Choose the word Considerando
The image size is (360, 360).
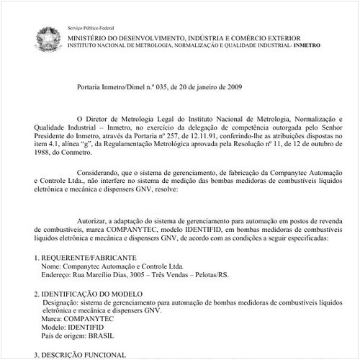pyautogui.click(x=102, y=174)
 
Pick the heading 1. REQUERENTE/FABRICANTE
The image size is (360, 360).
pyautogui.click(x=80, y=257)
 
